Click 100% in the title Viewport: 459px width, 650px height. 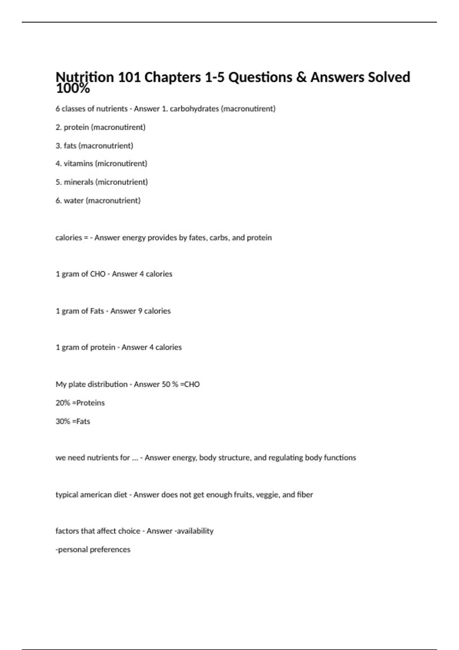[x=73, y=89]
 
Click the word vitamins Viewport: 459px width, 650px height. [x=78, y=164]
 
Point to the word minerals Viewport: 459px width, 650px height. [x=78, y=182]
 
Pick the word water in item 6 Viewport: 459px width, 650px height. [x=73, y=200]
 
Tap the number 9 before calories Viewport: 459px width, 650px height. [x=140, y=311]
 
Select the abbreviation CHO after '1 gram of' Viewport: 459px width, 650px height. [x=98, y=274]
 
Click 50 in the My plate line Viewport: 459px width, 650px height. [x=166, y=384]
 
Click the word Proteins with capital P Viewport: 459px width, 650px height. [x=90, y=403]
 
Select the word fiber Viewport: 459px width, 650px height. [x=305, y=495]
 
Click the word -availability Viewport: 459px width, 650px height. [x=194, y=531]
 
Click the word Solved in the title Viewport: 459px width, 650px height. [x=389, y=77]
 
